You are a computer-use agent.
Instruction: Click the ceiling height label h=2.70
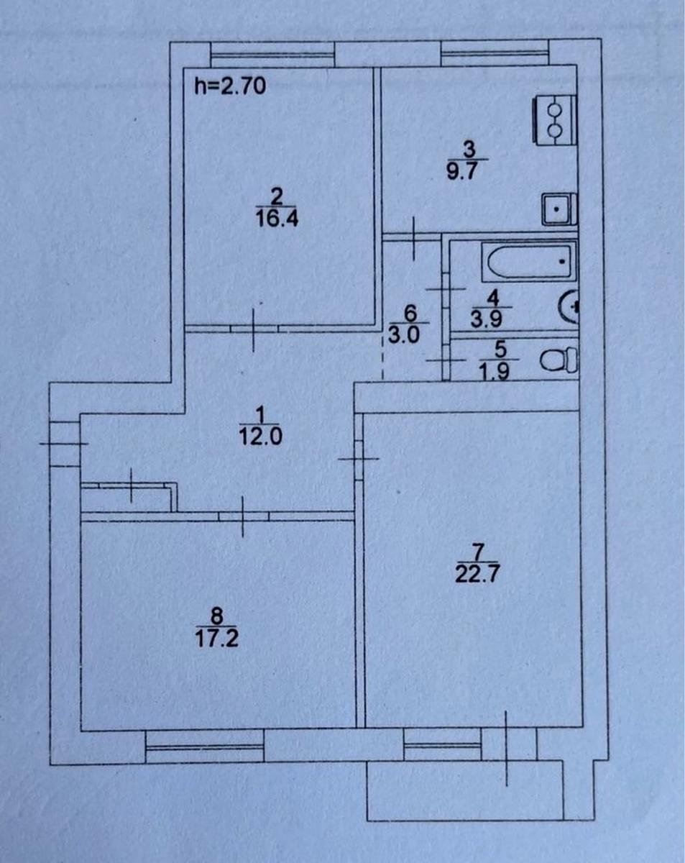coord(231,87)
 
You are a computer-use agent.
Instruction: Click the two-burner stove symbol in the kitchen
coord(554,119)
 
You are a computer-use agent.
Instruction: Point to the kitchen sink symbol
coord(558,209)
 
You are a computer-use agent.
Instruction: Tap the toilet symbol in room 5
coord(560,360)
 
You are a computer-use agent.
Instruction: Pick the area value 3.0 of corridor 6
coord(410,334)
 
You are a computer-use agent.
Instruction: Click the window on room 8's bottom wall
coord(204,744)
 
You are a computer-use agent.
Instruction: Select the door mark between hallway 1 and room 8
coord(243,516)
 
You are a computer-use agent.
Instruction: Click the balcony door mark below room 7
coord(506,748)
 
